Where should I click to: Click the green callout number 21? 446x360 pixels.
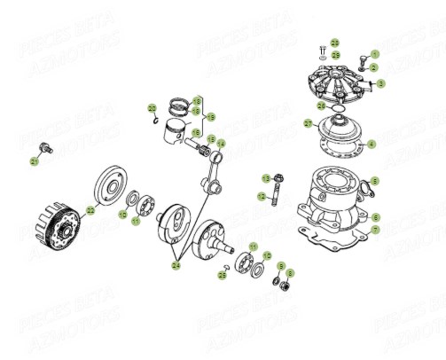point(35,161)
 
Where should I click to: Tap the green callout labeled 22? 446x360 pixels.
point(90,211)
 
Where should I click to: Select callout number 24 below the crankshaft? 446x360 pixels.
point(176,263)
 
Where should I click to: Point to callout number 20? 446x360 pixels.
point(152,108)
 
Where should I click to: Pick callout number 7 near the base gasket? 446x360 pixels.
point(376,229)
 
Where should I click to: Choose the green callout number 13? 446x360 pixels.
point(266,178)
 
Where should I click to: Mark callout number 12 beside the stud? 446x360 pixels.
point(262,195)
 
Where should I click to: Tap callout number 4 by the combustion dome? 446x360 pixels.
point(372,144)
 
